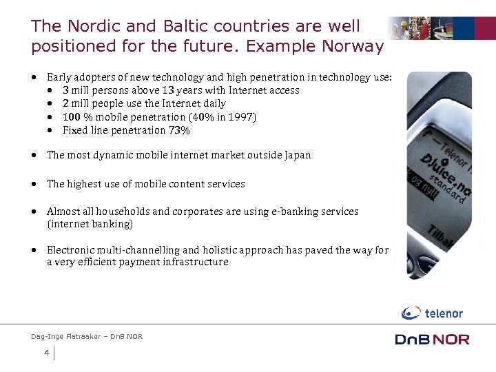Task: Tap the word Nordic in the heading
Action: click(x=92, y=26)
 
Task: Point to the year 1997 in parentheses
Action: click(x=241, y=117)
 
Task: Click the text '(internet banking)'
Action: click(x=90, y=224)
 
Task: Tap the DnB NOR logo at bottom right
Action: click(x=432, y=339)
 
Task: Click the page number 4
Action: click(x=46, y=353)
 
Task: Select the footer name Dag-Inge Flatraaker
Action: click(x=66, y=336)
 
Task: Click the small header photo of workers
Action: click(x=441, y=30)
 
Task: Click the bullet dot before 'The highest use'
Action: click(x=34, y=184)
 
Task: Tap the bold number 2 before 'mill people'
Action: click(x=65, y=103)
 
